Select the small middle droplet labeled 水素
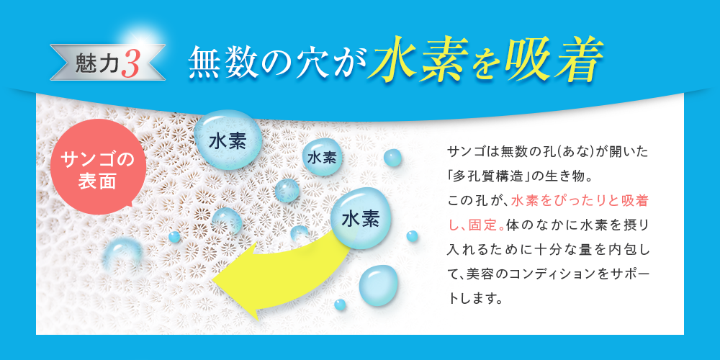(x=322, y=157)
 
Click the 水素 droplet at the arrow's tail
(x=361, y=219)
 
